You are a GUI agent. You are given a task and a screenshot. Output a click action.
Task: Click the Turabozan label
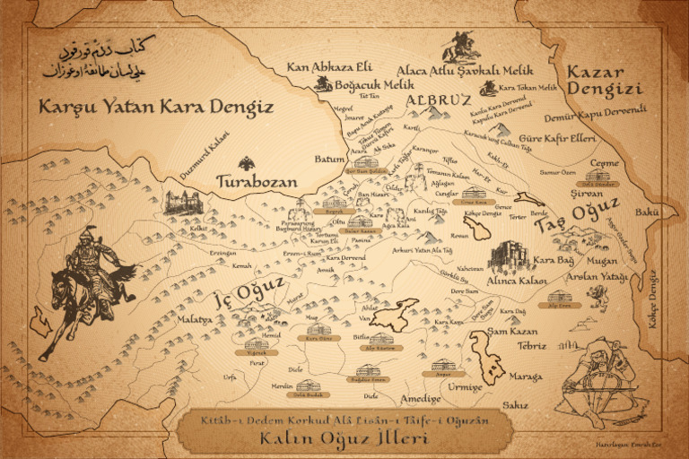coord(257,182)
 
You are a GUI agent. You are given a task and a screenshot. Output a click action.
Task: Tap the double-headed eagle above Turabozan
coord(247,164)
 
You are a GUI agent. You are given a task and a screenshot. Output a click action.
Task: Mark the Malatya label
coord(193,319)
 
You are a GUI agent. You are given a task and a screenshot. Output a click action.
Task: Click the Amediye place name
coord(421,398)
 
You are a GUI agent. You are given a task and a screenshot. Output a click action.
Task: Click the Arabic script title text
coord(98,57)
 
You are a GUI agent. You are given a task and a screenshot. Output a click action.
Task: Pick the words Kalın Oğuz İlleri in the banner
coord(345,438)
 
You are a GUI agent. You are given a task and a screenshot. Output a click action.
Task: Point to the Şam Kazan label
coord(512,332)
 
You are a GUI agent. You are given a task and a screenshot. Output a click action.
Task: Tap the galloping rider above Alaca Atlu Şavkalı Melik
coord(460,46)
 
